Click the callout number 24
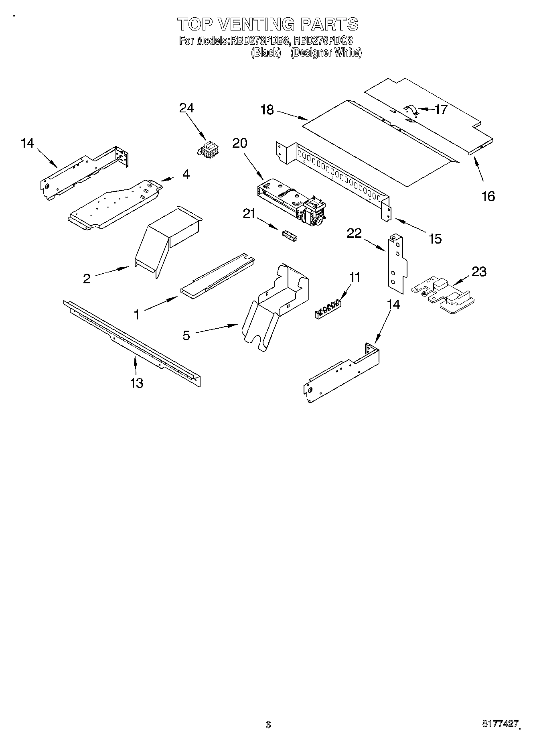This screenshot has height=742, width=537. tap(186, 108)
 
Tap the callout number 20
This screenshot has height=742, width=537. tap(240, 143)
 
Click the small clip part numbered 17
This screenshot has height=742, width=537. tap(411, 110)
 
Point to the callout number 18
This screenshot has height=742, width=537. tap(267, 110)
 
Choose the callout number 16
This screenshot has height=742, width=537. tap(488, 196)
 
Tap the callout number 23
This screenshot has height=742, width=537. tap(479, 272)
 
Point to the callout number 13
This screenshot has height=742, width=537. tap(137, 383)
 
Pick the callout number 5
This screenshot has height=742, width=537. tap(186, 335)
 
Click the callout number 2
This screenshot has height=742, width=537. tap(87, 279)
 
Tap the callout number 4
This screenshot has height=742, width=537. tap(186, 174)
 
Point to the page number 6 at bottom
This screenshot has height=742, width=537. tap(268, 724)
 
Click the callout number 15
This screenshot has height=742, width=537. tap(435, 239)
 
